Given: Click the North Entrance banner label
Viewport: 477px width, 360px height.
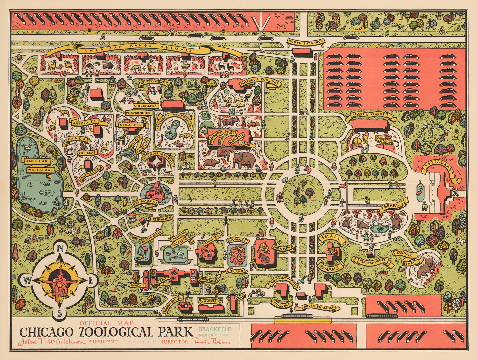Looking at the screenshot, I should pyautogui.click(x=305, y=42).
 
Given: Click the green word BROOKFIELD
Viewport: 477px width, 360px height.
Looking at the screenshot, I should pyautogui.click(x=215, y=329).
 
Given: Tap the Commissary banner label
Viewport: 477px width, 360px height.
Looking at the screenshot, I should pyautogui.click(x=210, y=301).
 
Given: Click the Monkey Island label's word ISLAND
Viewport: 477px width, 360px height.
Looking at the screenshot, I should pyautogui.click(x=237, y=271).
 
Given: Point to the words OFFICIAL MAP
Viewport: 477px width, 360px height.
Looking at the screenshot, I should pyautogui.click(x=106, y=323).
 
